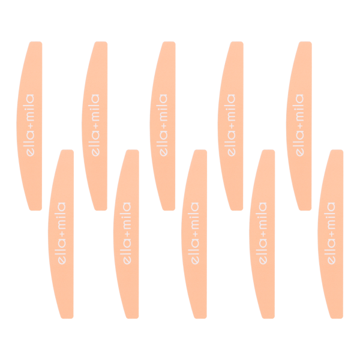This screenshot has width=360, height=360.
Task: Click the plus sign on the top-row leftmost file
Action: (31, 126)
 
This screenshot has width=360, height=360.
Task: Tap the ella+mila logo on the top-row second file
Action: (95, 125)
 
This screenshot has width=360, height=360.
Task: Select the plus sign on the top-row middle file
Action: (163, 126)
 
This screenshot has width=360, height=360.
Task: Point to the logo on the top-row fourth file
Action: (231, 125)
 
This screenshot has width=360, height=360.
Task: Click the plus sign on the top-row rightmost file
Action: (299, 126)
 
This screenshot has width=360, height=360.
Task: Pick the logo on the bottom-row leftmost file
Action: (62, 233)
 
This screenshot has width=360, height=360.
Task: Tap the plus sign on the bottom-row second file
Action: (127, 234)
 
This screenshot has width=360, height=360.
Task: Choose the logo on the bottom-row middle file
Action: (195, 233)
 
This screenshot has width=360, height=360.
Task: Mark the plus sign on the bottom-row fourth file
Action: (263, 234)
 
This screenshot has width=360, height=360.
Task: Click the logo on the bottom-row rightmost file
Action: (331, 233)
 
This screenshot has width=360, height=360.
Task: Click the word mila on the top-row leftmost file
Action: (31, 107)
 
